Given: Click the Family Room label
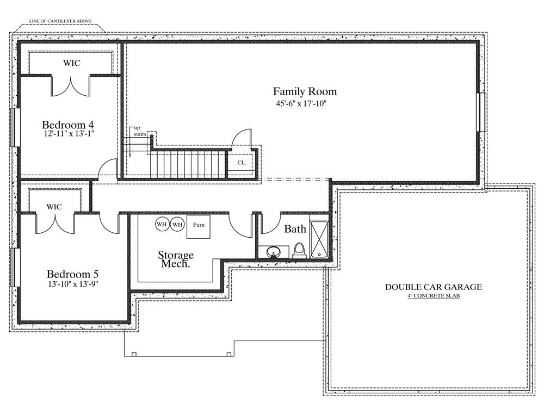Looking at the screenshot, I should [305, 91].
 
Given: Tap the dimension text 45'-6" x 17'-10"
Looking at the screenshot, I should [301, 103].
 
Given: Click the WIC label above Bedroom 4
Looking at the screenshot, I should [71, 63].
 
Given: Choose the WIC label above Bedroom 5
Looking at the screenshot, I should [54, 207].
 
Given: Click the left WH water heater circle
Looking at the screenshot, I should [162, 224].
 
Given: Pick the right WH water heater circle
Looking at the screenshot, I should [177, 224].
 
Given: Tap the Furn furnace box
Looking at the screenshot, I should [199, 226].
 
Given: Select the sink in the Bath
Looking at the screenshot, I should [274, 251].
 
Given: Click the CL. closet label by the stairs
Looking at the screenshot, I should [242, 163].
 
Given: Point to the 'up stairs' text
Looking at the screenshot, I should [140, 131].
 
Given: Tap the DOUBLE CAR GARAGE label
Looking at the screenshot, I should [434, 287].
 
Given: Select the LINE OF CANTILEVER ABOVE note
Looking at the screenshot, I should [60, 21].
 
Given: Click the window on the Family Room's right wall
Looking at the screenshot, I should [481, 112].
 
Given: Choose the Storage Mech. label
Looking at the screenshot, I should [176, 259].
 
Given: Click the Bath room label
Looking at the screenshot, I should [295, 230].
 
